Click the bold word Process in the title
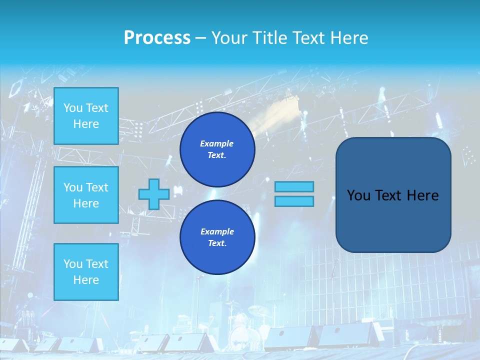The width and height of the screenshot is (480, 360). [x=157, y=38]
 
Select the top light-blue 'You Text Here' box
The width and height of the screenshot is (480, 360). [x=86, y=116]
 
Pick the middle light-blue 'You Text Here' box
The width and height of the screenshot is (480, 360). [x=86, y=195]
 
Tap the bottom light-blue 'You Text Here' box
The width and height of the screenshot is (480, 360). [x=86, y=271]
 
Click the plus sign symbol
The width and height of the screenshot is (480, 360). [x=153, y=194]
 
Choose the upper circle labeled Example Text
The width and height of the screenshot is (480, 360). [x=217, y=149]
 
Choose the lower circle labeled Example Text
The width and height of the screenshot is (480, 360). [x=217, y=237]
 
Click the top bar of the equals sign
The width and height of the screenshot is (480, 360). [x=294, y=186]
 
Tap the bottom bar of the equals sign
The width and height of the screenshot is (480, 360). [x=294, y=201]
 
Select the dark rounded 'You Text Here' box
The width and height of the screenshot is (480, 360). [x=393, y=195]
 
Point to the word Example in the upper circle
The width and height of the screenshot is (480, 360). [x=216, y=143]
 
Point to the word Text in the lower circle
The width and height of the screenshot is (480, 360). [x=216, y=243]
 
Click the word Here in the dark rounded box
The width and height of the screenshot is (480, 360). [x=422, y=195]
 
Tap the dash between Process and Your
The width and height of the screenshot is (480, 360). [x=200, y=38]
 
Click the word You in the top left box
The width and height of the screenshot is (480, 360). [x=72, y=108]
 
